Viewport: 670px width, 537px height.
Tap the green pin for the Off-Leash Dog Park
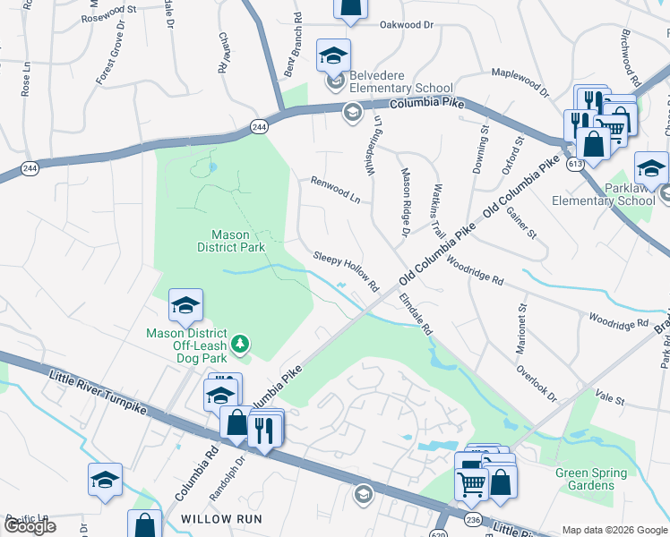(x=239, y=344)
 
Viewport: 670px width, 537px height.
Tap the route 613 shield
(x=574, y=164)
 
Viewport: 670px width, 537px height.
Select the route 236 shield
(x=473, y=520)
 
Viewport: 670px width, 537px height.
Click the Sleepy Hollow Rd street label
(x=347, y=271)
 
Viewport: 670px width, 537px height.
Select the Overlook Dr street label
(x=537, y=383)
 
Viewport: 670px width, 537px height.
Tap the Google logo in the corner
(x=30, y=526)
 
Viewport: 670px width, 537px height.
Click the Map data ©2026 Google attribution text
(x=614, y=530)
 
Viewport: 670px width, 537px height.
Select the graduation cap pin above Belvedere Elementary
(x=333, y=55)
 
